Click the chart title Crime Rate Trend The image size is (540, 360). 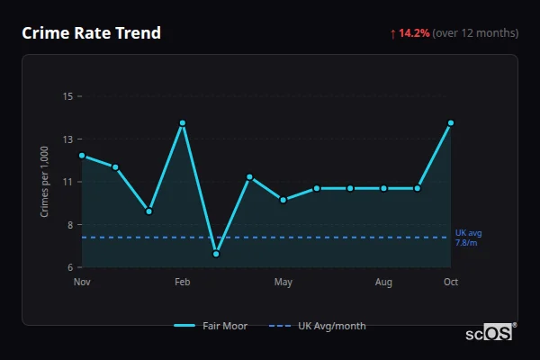pos(91,33)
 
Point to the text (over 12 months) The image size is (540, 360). pos(475,33)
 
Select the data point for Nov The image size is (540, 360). pos(82,156)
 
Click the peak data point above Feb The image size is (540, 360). pos(183,122)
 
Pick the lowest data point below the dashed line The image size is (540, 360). pos(216,254)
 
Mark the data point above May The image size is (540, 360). pos(283,200)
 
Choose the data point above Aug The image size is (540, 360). pos(383,188)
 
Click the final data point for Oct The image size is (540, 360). pos(451,122)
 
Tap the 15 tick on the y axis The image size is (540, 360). pos(67,96)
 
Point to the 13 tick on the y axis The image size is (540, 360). pos(67,139)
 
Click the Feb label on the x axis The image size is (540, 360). pos(183,283)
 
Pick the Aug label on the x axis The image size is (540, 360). pos(383,283)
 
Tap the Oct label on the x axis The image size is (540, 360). pos(451,283)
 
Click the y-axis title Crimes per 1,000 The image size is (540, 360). pos(45,182)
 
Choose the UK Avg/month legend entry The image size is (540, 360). pos(319,326)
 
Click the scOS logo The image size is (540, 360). pos(490,333)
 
